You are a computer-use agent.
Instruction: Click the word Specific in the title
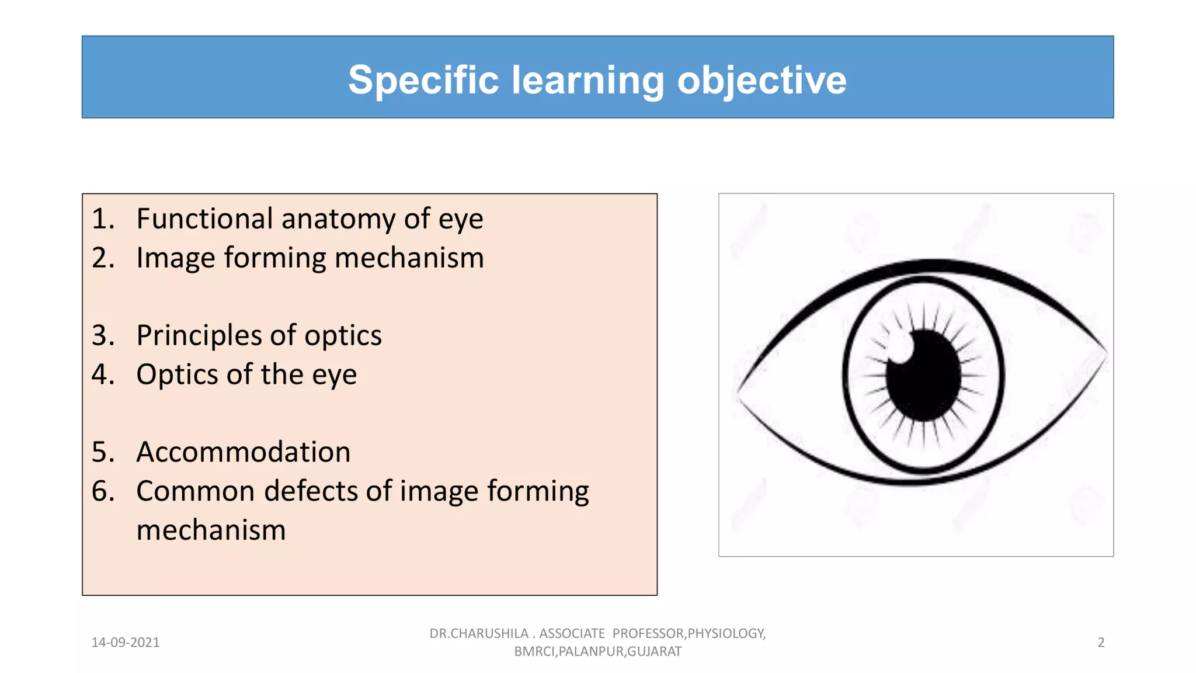pyautogui.click(x=423, y=80)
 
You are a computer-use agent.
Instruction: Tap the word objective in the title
pyautogui.click(x=762, y=80)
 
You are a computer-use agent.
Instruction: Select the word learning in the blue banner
pyautogui.click(x=588, y=80)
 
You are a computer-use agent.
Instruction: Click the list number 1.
pyautogui.click(x=102, y=219)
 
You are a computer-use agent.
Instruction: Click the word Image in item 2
pyautogui.click(x=175, y=258)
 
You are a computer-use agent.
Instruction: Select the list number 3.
pyautogui.click(x=102, y=335)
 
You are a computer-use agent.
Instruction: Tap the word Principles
pyautogui.click(x=199, y=335)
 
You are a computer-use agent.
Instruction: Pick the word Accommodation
pyautogui.click(x=243, y=452)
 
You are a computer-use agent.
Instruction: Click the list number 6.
pyautogui.click(x=102, y=491)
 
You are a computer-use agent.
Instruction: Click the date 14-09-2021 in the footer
pyautogui.click(x=126, y=643)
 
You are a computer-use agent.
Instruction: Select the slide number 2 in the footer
pyautogui.click(x=1101, y=643)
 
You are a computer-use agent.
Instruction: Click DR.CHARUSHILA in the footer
pyautogui.click(x=479, y=633)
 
